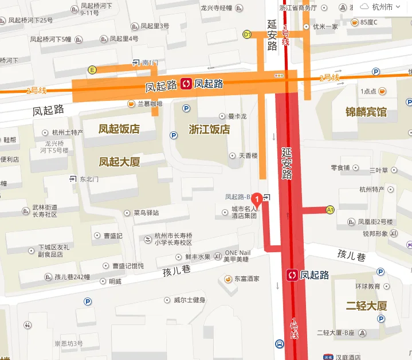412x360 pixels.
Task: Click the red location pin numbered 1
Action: [x=258, y=199]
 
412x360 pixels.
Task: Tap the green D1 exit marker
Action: [x=248, y=34]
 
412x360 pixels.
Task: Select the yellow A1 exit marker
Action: [x=330, y=210]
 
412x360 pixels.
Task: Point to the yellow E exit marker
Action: [x=92, y=70]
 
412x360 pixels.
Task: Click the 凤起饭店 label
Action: [x=119, y=128]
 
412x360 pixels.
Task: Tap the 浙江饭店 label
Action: [x=209, y=129]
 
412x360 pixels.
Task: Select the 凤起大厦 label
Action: [x=119, y=162]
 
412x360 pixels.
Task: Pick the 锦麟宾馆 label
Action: [x=366, y=112]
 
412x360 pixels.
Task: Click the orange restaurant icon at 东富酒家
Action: [x=228, y=279]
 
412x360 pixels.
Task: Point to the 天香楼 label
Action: [x=248, y=155]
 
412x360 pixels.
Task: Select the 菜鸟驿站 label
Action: [x=146, y=213]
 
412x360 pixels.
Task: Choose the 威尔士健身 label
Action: [x=189, y=300]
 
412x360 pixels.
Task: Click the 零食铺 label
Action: [x=340, y=168]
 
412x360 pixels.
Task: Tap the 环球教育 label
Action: [x=367, y=285]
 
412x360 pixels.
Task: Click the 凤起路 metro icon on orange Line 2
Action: [x=187, y=84]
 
